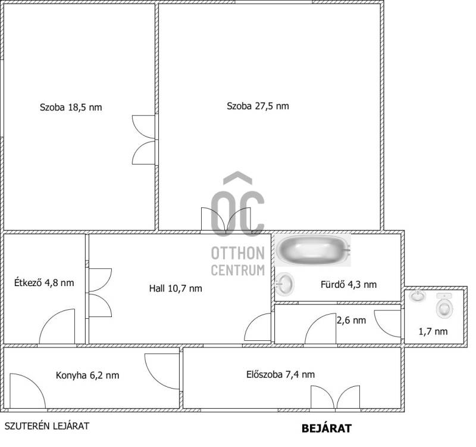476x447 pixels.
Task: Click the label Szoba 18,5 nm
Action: click(71, 107)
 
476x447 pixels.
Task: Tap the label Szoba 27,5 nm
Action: click(258, 106)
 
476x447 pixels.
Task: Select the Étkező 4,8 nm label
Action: click(44, 283)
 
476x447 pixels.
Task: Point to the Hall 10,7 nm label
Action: click(176, 288)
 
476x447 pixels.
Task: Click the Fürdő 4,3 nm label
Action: click(349, 284)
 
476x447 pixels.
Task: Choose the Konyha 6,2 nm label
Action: click(87, 375)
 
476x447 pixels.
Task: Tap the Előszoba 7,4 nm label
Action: click(280, 374)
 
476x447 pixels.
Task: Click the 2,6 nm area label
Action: click(351, 320)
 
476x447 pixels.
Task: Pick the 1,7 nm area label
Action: click(433, 331)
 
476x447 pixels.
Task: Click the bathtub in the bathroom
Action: click(313, 250)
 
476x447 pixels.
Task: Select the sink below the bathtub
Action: click(285, 284)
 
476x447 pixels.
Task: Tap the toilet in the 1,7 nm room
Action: click(444, 306)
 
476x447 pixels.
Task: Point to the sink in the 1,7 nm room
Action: click(417, 296)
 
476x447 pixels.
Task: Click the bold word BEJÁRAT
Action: click(326, 429)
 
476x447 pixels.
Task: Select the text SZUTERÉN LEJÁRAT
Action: click(47, 426)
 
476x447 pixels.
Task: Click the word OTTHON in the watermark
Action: click(237, 253)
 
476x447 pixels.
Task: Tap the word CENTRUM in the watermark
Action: click(237, 270)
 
